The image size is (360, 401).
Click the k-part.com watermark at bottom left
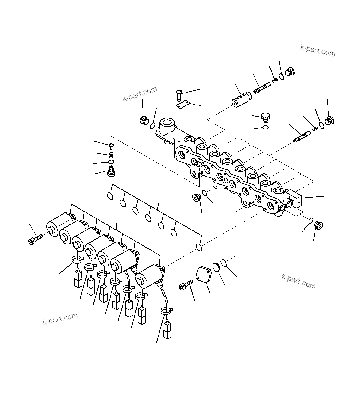click(60, 319)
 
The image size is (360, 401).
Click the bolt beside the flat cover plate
click(186, 285)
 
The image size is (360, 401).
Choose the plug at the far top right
click(290, 72)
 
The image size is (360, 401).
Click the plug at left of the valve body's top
click(144, 121)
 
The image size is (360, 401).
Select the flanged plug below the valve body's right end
click(319, 225)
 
